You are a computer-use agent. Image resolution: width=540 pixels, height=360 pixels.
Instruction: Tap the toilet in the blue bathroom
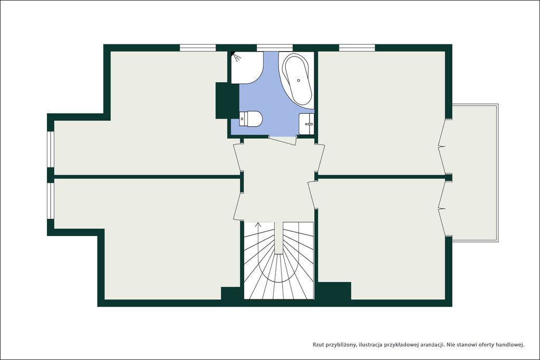(251, 119)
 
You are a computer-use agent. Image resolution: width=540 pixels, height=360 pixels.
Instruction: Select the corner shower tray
(246, 67)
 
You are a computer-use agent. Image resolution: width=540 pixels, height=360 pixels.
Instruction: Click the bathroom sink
(306, 124)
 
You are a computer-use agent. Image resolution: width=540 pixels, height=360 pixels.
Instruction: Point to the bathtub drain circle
(298, 80)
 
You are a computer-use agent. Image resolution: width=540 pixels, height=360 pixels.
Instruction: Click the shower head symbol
(236, 56)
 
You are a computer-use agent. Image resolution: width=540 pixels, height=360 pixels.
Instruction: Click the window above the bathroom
(274, 48)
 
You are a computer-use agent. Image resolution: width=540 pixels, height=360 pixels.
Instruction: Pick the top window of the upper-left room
(198, 48)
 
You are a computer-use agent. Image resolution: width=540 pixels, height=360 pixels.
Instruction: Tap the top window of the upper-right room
(357, 48)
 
